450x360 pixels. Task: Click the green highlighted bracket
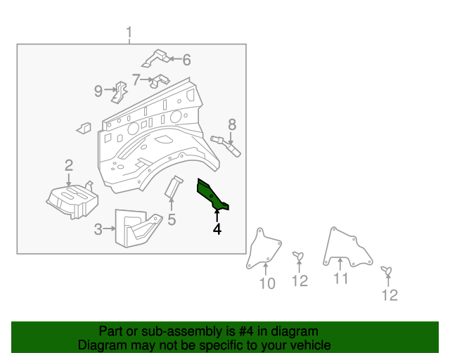[212, 195]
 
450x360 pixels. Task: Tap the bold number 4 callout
[217, 229]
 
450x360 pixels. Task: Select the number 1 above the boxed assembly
[129, 32]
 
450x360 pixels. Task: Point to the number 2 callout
[69, 166]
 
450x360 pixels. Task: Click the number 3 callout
[98, 229]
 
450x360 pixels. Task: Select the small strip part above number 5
[173, 187]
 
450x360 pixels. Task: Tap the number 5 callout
[172, 220]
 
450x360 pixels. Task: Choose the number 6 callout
[186, 60]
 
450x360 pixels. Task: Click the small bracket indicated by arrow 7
[160, 80]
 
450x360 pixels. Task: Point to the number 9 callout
[98, 90]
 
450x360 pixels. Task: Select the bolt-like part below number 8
[227, 144]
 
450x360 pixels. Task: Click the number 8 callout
[231, 124]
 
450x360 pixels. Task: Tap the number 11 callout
[340, 280]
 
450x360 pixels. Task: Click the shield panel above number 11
[345, 245]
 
